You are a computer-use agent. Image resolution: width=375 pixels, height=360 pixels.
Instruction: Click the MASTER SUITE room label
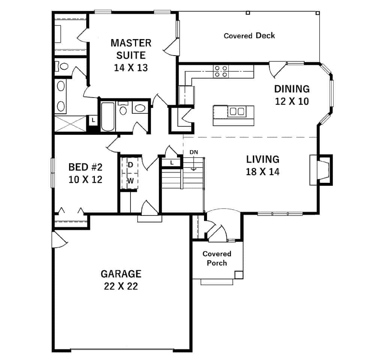(131, 49)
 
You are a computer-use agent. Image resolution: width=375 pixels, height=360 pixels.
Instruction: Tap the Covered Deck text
(249, 36)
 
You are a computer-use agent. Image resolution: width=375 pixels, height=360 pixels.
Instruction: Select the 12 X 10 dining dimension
(292, 101)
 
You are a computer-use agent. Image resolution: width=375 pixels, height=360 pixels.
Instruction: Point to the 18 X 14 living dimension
(263, 172)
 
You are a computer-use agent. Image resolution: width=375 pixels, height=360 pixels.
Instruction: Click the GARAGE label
(121, 274)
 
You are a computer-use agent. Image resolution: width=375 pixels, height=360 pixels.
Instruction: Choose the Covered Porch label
(217, 259)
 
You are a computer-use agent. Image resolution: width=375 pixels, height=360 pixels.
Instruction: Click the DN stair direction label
(193, 152)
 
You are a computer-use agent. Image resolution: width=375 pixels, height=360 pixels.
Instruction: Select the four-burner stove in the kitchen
(221, 71)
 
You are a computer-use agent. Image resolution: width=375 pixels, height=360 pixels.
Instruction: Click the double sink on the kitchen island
(237, 111)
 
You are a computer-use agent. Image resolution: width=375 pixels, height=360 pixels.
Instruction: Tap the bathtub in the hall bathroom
(107, 116)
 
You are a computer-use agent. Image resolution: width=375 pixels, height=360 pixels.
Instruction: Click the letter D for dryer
(131, 164)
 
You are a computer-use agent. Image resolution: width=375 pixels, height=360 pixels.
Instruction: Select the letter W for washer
(130, 181)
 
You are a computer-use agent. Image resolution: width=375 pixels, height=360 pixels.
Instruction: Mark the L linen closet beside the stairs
(172, 163)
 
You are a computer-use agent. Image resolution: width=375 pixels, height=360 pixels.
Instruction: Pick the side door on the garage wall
(59, 239)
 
